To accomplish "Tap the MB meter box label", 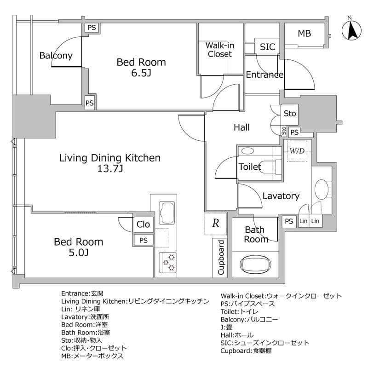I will point(304,33).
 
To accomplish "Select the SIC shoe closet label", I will point(267,47).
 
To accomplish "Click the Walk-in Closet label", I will point(219,50).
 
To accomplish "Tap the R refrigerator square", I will point(215,224).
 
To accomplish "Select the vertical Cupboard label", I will point(221,258).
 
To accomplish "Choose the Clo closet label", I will point(143,224).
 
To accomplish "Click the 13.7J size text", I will point(110,169).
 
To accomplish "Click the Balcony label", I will point(56,56).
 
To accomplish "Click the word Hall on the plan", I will point(241,127).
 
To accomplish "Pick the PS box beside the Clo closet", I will point(144,240).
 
